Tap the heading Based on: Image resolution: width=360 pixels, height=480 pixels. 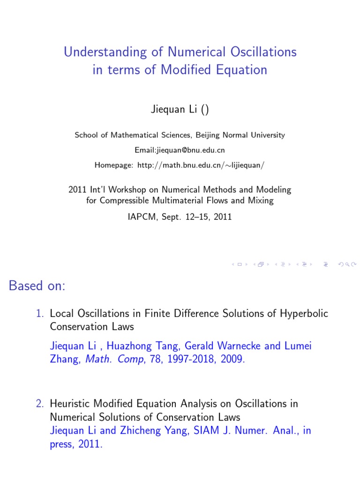pyautogui.click(x=37, y=286)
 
